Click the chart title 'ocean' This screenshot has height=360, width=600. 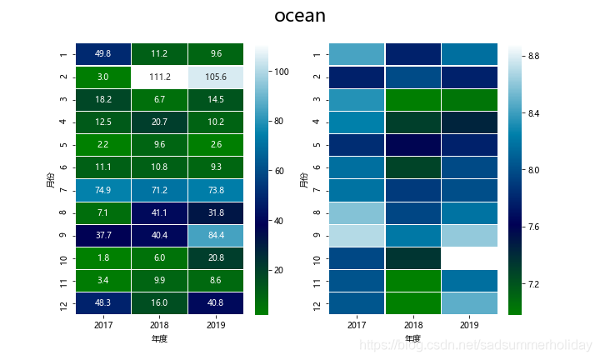tap(300, 16)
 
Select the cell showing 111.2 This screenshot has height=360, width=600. tap(160, 77)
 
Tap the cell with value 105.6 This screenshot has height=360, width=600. tap(217, 77)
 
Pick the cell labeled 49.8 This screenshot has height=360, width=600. tap(103, 53)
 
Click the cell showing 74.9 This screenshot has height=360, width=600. tap(103, 190)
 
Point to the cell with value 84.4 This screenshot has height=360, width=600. tap(217, 236)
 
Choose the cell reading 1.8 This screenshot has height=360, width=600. tap(103, 258)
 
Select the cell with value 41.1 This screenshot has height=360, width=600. tap(160, 213)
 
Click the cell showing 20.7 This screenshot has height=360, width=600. tap(160, 122)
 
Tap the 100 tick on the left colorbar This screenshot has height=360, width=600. tap(282, 72)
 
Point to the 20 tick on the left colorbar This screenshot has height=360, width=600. tap(281, 271)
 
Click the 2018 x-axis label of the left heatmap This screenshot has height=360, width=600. tap(160, 325)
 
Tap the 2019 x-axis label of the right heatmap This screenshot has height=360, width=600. tap(470, 325)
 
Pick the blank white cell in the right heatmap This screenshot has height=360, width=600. tap(470, 258)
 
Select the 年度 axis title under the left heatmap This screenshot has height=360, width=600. tap(160, 339)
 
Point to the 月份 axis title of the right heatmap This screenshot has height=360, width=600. tap(306, 179)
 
